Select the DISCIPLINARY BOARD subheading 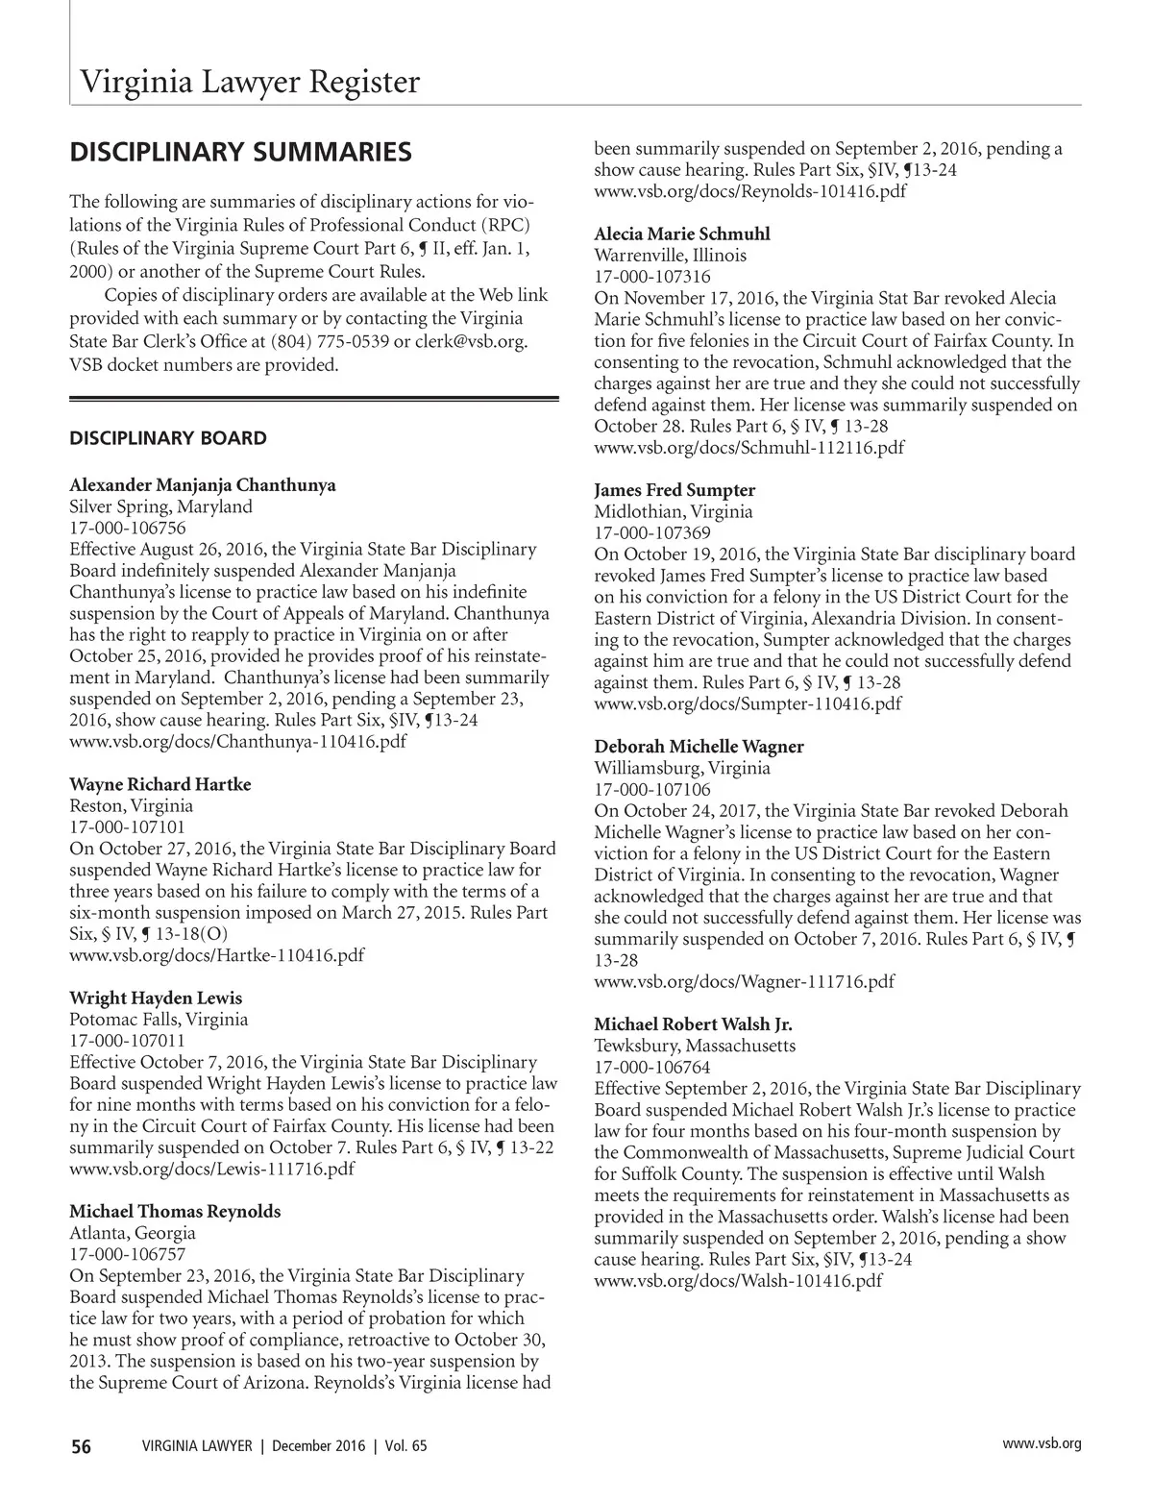[x=168, y=438]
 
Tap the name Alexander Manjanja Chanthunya [x=203, y=484]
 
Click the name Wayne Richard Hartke [x=160, y=784]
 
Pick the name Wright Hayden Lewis [x=156, y=998]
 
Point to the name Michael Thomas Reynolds [x=175, y=1211]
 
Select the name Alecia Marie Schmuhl [x=682, y=234]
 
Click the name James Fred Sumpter [x=675, y=490]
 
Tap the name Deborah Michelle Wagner [x=699, y=747]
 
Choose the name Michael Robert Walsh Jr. [x=693, y=1024]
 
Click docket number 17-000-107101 [x=128, y=826]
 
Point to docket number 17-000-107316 [x=652, y=277]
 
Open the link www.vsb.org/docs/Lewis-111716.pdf [x=211, y=1169]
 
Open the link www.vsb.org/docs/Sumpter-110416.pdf [x=748, y=703]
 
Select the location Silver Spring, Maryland [x=161, y=506]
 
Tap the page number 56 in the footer [x=81, y=1446]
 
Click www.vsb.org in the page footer [x=1042, y=1443]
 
